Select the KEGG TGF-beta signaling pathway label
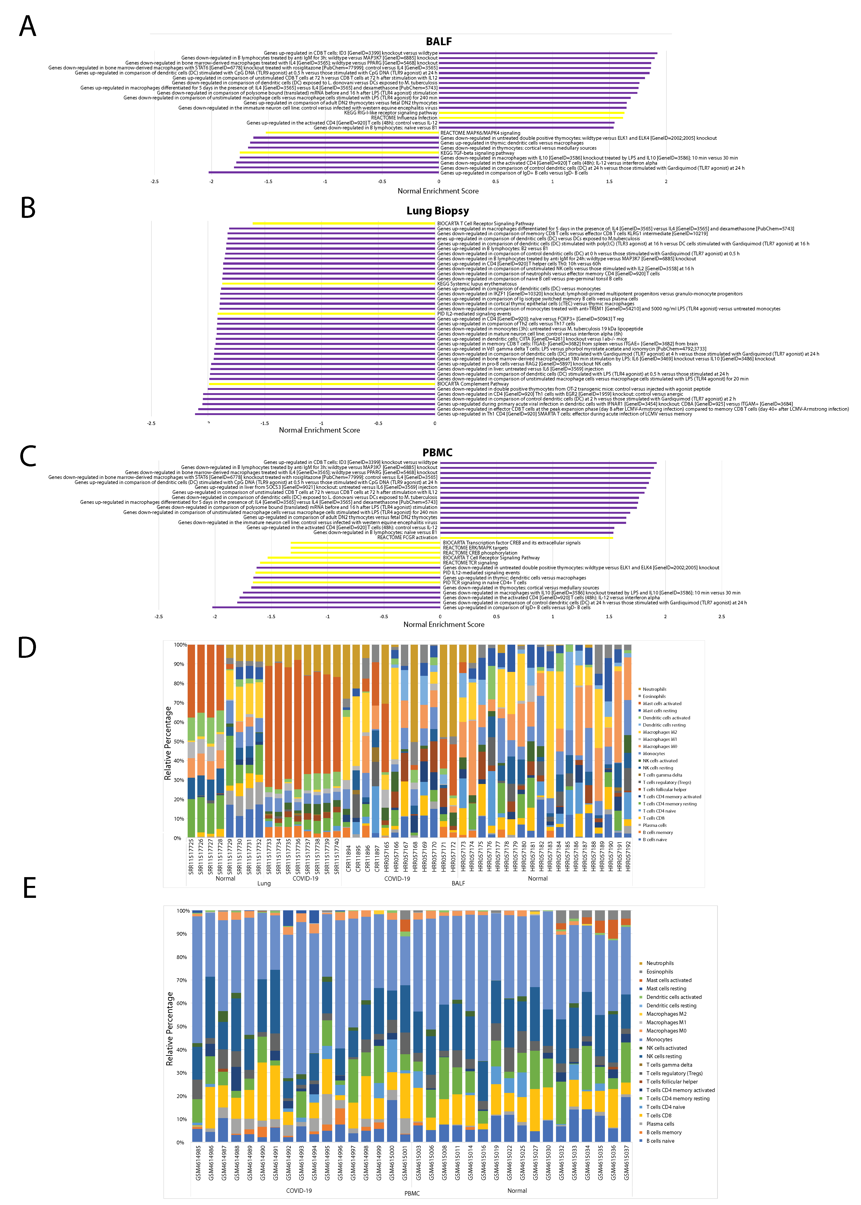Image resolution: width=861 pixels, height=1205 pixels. (477, 153)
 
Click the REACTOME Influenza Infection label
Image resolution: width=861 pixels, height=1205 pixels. (405, 118)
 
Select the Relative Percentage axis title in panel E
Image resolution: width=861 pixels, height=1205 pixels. (170, 1029)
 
